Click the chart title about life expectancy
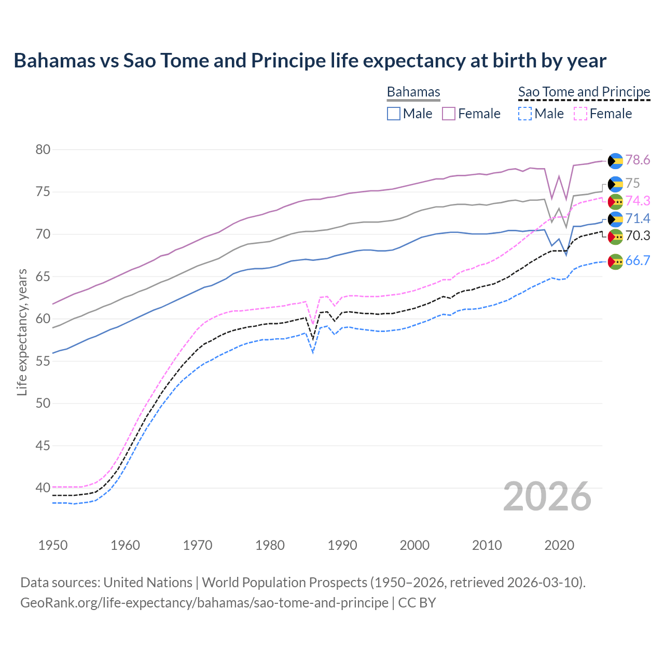click(x=310, y=61)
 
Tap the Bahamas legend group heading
click(x=413, y=92)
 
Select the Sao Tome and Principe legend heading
click(x=584, y=92)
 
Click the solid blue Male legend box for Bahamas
click(x=394, y=114)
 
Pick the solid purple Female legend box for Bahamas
click(x=449, y=114)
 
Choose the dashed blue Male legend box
click(x=525, y=114)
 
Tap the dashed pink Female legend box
click(x=580, y=114)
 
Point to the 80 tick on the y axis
click(x=43, y=150)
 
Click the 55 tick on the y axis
click(x=43, y=361)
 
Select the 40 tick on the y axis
click(x=43, y=488)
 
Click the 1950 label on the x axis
click(x=53, y=545)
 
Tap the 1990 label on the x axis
click(x=342, y=545)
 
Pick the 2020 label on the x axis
click(x=559, y=545)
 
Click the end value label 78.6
click(x=638, y=160)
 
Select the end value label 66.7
click(x=638, y=261)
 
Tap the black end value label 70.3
click(x=638, y=236)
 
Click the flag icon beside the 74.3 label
click(x=615, y=201)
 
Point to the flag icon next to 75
click(x=615, y=184)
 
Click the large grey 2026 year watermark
click(x=547, y=496)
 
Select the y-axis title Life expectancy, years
click(x=22, y=332)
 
